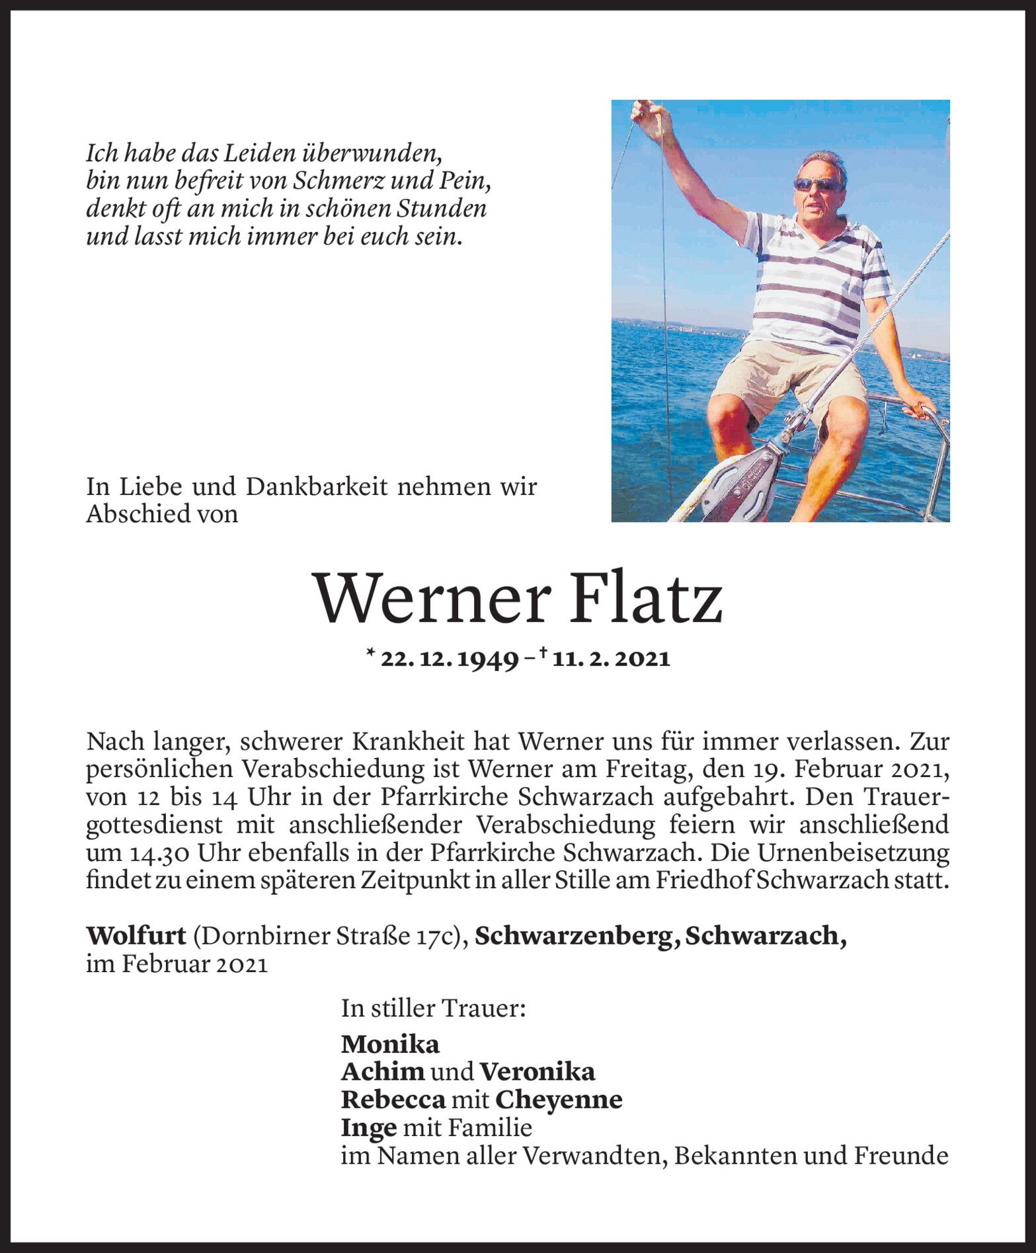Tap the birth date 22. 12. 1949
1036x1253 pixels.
click(x=450, y=660)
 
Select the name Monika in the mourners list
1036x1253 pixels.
click(x=390, y=1045)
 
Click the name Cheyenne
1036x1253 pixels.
click(x=559, y=1100)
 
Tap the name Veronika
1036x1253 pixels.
click(x=537, y=1073)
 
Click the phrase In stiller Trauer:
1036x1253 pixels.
click(x=434, y=1009)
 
